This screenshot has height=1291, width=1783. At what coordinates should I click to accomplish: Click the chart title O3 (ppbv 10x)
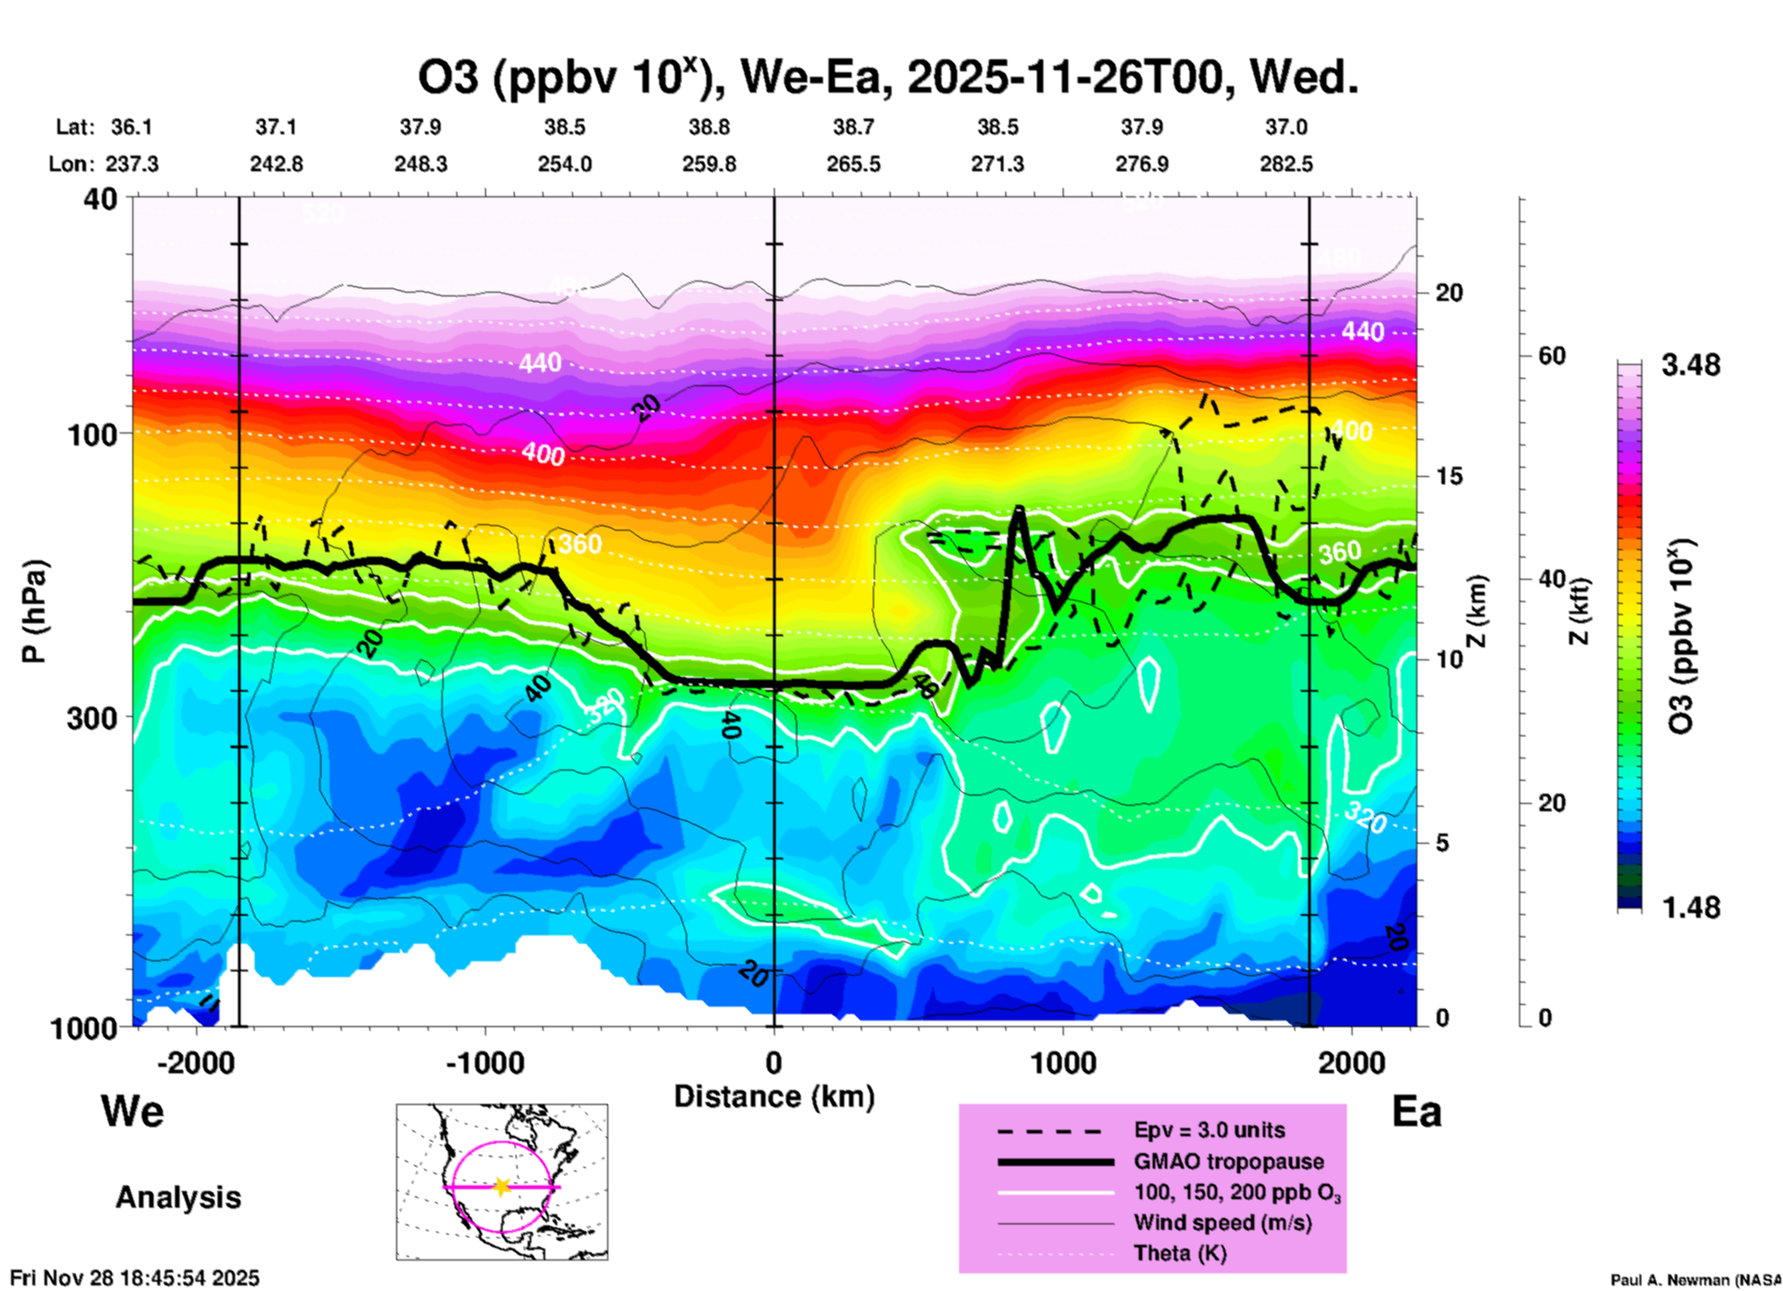[887, 78]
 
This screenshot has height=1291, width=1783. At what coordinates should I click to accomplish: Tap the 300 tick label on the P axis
[93, 718]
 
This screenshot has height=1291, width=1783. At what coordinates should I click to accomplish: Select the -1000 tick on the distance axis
[485, 1062]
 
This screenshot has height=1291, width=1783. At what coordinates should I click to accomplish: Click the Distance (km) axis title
[774, 1097]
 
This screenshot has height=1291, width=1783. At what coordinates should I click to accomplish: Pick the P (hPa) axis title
[33, 611]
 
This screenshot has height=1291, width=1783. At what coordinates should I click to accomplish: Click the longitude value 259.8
[709, 164]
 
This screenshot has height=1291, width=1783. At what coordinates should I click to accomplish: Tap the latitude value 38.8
[709, 127]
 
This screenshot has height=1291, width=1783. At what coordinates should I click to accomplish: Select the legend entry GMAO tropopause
[1228, 1161]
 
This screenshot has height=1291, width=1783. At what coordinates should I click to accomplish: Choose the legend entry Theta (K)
[1179, 1253]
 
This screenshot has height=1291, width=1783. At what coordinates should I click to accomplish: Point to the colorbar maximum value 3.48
[1690, 365]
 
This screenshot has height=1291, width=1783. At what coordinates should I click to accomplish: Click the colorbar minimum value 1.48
[1690, 907]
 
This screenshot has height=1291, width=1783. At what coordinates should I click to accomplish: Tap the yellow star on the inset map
[502, 1186]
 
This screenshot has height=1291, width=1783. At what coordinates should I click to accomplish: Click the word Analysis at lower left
[178, 1197]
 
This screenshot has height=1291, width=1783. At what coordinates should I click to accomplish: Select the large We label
[132, 1110]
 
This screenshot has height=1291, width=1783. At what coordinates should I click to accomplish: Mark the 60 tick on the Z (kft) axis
[1552, 356]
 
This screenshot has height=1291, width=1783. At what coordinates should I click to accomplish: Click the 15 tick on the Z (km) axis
[1449, 476]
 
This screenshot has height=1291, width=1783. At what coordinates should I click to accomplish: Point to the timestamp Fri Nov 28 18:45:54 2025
[135, 1278]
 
